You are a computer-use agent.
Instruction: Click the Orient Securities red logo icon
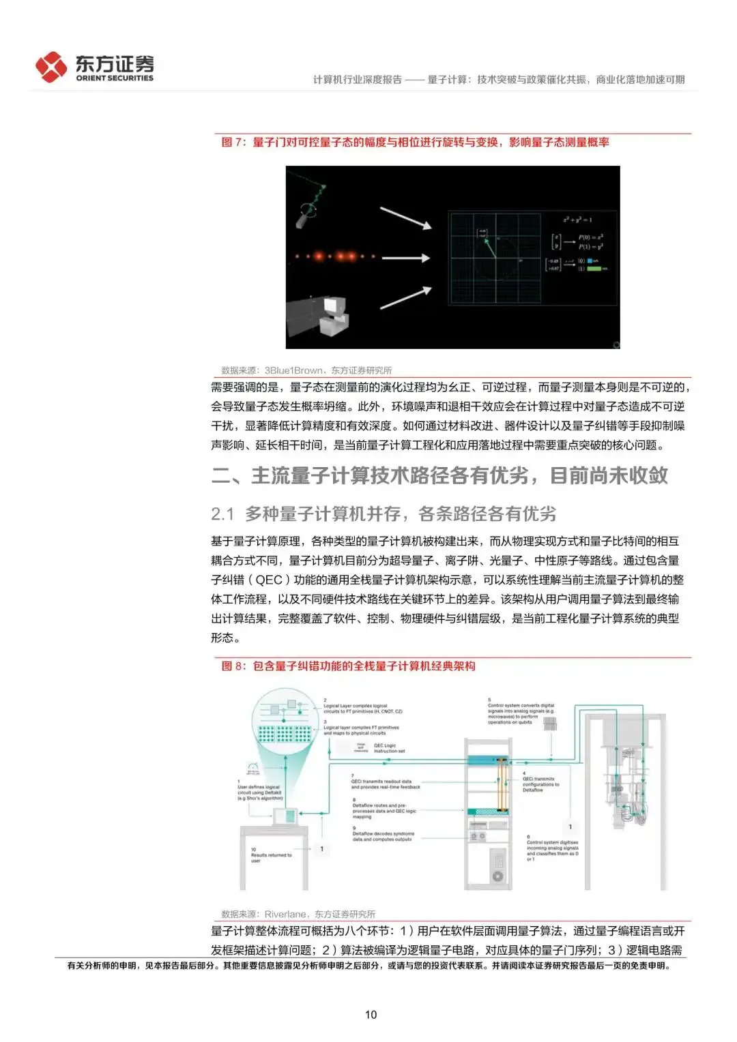coord(51,67)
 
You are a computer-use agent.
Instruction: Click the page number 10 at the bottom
coord(371,1014)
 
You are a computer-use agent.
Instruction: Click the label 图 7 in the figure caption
coord(233,143)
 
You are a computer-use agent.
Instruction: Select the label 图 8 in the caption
coord(233,666)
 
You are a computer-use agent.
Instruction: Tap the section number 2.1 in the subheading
coord(222,513)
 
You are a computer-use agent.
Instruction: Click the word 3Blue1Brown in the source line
coord(293,370)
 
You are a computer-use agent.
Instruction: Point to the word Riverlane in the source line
coord(285,914)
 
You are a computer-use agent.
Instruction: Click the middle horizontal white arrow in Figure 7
coord(405,258)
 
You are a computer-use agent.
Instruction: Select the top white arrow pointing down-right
coord(405,218)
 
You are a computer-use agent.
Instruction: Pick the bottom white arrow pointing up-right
coord(405,298)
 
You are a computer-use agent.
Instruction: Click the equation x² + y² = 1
coord(577,220)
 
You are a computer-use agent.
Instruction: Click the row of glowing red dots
coord(334,257)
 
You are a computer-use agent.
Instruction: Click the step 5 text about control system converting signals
coord(520,713)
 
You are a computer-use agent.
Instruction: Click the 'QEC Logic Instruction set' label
coord(389,748)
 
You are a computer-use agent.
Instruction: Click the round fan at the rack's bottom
coord(497,876)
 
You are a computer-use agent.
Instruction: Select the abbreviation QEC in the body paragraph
coord(269,580)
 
